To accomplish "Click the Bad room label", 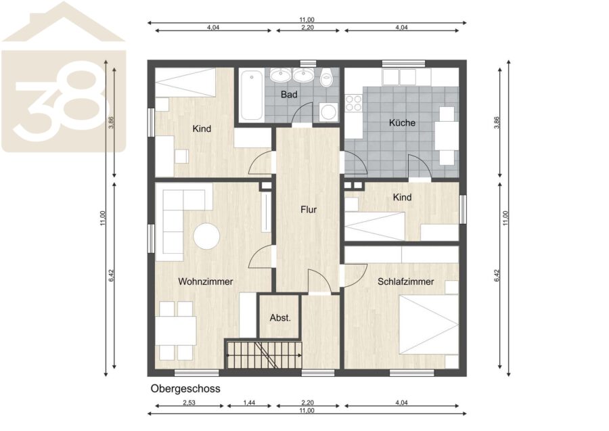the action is [x=289, y=94].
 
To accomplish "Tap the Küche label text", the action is [x=402, y=122].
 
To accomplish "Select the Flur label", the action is [x=309, y=210].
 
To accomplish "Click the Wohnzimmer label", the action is [x=206, y=281].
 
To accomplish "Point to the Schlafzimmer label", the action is [x=405, y=281].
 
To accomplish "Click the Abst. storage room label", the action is [x=280, y=318].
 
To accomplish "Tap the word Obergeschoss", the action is [x=185, y=388].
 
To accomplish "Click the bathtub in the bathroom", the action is [x=251, y=95].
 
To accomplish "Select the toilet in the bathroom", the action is [x=327, y=78].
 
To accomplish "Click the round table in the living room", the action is [x=206, y=236].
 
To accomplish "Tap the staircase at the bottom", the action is [x=264, y=355].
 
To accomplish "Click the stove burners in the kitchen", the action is [x=353, y=103].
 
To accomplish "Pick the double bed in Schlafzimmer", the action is [x=429, y=325].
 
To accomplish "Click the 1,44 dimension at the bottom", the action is [x=249, y=403].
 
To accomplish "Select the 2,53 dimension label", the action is [x=189, y=403].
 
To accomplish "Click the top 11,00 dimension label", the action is [x=307, y=20].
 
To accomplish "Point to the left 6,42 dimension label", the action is [x=112, y=275].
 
